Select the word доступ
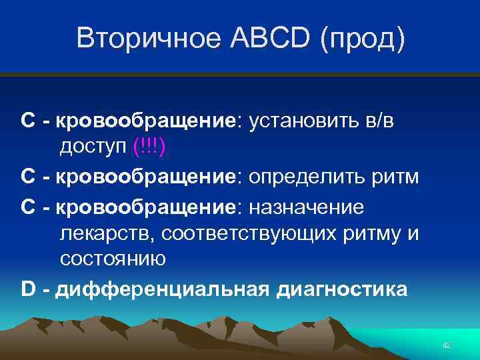[94, 147]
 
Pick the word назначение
[307, 207]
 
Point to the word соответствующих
[241, 233]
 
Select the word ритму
[375, 233]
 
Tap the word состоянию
[113, 259]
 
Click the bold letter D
[28, 289]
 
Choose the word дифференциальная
[161, 289]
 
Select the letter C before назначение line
[28, 207]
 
